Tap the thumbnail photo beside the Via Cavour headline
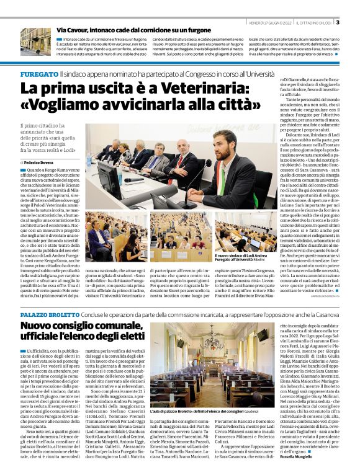35,41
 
